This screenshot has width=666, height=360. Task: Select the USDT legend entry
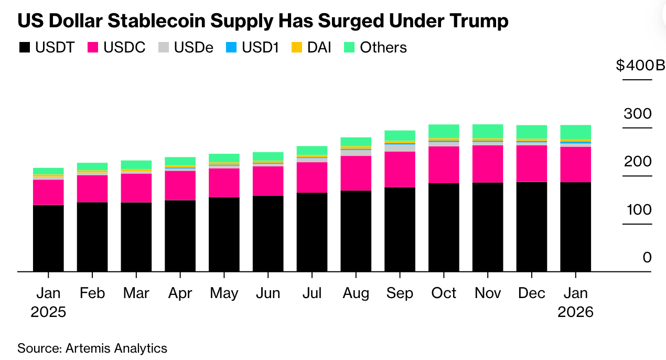point(47,47)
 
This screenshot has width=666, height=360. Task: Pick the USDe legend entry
point(186,47)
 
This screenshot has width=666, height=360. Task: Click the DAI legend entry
point(311,47)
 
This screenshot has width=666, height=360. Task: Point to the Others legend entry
point(375,47)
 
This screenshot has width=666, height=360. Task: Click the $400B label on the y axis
point(640,66)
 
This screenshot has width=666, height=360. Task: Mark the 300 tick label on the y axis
point(638,114)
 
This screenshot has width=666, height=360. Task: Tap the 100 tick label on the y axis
point(638,210)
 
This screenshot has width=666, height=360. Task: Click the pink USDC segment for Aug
point(356,173)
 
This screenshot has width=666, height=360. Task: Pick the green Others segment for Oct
point(444,131)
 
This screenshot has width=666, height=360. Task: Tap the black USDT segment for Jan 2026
point(575,227)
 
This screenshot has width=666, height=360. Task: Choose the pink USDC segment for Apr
point(180,185)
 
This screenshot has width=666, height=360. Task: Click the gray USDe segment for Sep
point(400,148)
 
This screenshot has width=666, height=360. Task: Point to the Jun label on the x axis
point(267,293)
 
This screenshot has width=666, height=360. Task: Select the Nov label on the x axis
point(488,293)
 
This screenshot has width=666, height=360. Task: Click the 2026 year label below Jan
point(575,312)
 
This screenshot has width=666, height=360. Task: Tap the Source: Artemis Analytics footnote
point(92,348)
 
